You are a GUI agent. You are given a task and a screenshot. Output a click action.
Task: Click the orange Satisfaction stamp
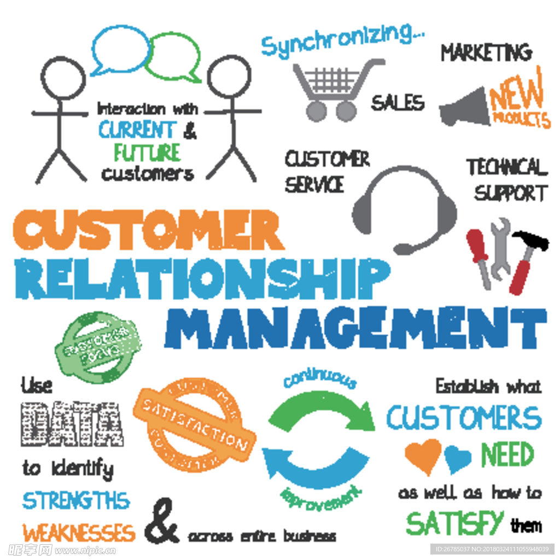(194, 424)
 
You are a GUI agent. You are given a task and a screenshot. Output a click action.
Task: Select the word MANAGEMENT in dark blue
(355, 328)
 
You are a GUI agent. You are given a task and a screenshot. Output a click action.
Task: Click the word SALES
(398, 102)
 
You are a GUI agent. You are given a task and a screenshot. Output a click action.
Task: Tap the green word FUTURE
(147, 152)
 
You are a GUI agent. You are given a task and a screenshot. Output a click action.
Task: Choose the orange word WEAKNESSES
(78, 532)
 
